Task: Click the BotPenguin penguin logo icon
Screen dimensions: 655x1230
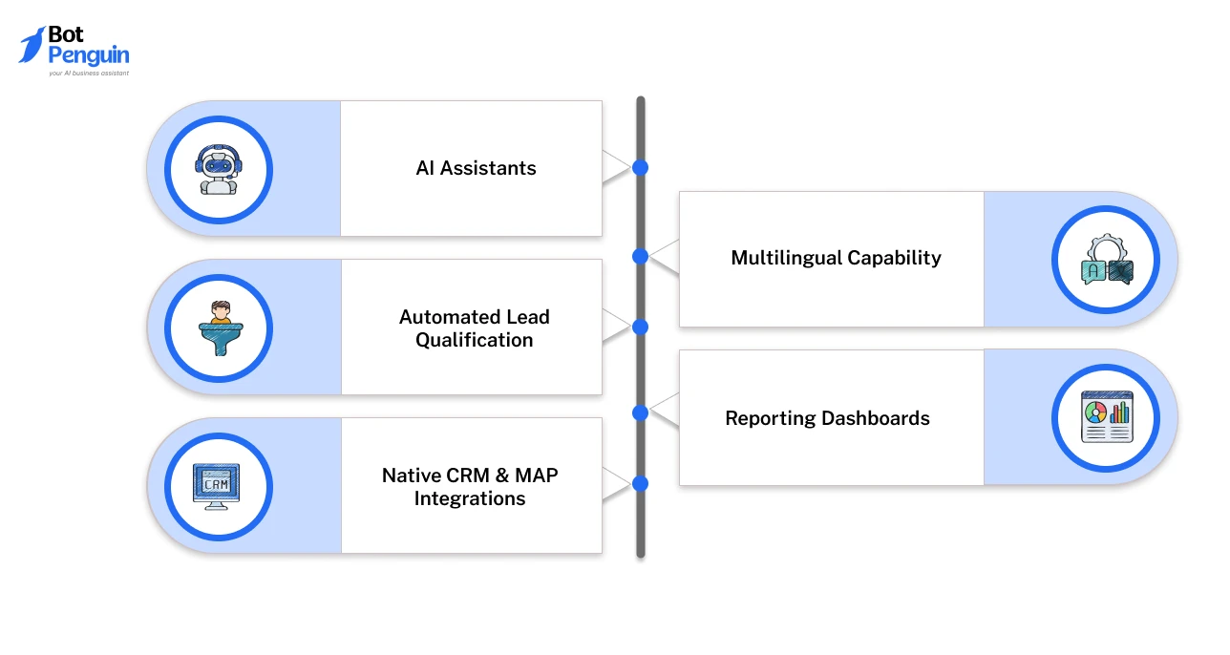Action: (x=32, y=45)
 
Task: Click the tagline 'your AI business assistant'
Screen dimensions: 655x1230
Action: (x=88, y=73)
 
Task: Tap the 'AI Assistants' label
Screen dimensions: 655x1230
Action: (x=476, y=168)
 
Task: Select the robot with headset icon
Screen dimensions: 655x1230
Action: (x=219, y=170)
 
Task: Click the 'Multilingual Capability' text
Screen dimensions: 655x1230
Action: (x=836, y=258)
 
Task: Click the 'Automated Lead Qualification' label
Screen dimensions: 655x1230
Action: (x=474, y=328)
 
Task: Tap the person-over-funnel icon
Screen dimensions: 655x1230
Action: (x=219, y=328)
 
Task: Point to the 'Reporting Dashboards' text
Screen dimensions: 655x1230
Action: (x=827, y=418)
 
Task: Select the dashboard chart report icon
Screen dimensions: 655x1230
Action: (x=1105, y=417)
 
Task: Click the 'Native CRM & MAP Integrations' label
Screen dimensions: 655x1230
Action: (x=470, y=487)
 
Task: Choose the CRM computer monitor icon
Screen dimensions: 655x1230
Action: (x=219, y=486)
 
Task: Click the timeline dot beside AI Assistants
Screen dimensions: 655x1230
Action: (x=640, y=168)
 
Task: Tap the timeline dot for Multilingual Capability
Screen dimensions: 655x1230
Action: (x=640, y=256)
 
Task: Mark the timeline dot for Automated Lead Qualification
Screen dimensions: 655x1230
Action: (x=640, y=327)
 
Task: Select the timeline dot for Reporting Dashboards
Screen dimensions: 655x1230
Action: (x=640, y=412)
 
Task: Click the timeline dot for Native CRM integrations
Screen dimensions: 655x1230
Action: (x=640, y=484)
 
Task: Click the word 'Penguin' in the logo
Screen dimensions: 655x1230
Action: (x=89, y=55)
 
